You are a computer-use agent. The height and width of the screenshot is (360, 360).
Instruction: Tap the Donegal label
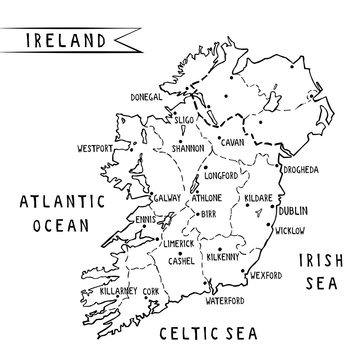tap(147, 98)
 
